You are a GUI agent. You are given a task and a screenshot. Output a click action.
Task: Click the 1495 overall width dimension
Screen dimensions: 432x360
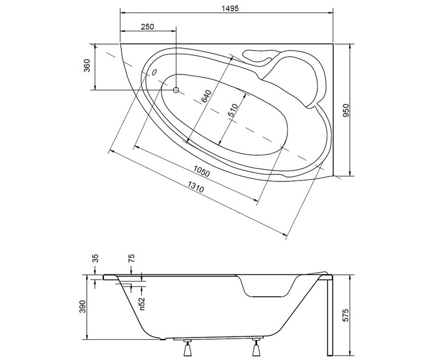pos(230,9)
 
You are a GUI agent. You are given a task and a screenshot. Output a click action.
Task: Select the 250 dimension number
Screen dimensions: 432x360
pos(148,27)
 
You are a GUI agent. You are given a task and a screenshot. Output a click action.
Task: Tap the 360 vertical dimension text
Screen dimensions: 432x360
pos(87,66)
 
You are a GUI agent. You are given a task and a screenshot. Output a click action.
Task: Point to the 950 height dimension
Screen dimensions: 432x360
pos(346,110)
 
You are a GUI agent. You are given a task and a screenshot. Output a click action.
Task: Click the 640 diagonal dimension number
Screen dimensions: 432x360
pos(206,96)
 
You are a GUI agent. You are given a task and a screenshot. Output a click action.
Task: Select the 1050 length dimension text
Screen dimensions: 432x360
pos(202,171)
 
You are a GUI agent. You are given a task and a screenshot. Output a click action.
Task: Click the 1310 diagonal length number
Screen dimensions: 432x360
pos(196,186)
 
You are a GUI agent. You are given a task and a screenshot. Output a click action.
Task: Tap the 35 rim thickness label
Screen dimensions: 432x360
pos(96,258)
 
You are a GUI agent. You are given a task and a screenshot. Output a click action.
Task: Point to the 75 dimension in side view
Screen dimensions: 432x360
pos(132,258)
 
